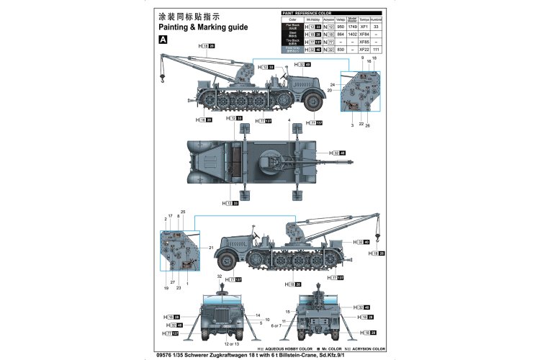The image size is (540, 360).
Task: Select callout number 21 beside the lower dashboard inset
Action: (x=211, y=248)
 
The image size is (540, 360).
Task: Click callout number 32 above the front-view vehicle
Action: (x=220, y=276)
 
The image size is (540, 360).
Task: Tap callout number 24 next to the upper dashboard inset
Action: (x=333, y=84)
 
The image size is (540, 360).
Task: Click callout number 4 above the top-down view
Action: (x=289, y=120)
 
